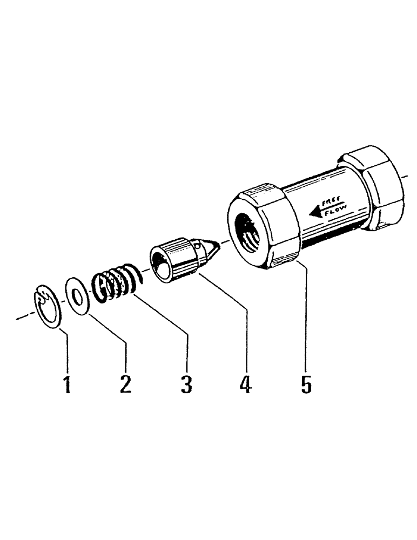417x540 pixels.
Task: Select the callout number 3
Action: [x=186, y=384]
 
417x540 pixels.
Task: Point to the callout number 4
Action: [x=246, y=384]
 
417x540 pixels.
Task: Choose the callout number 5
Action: [x=306, y=384]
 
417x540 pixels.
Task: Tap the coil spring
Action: [x=115, y=281]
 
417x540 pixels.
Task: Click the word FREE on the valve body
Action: [x=331, y=202]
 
